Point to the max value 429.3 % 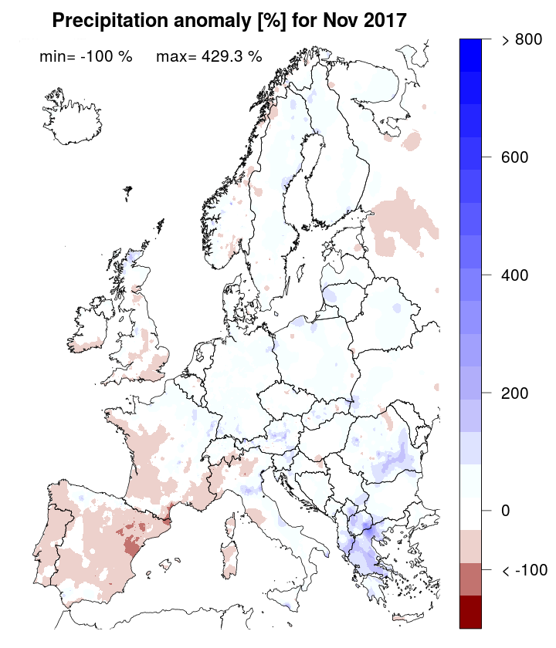(x=208, y=56)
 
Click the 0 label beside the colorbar (x=506, y=511)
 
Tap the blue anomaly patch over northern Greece (x=363, y=532)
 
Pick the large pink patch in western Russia (x=402, y=220)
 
